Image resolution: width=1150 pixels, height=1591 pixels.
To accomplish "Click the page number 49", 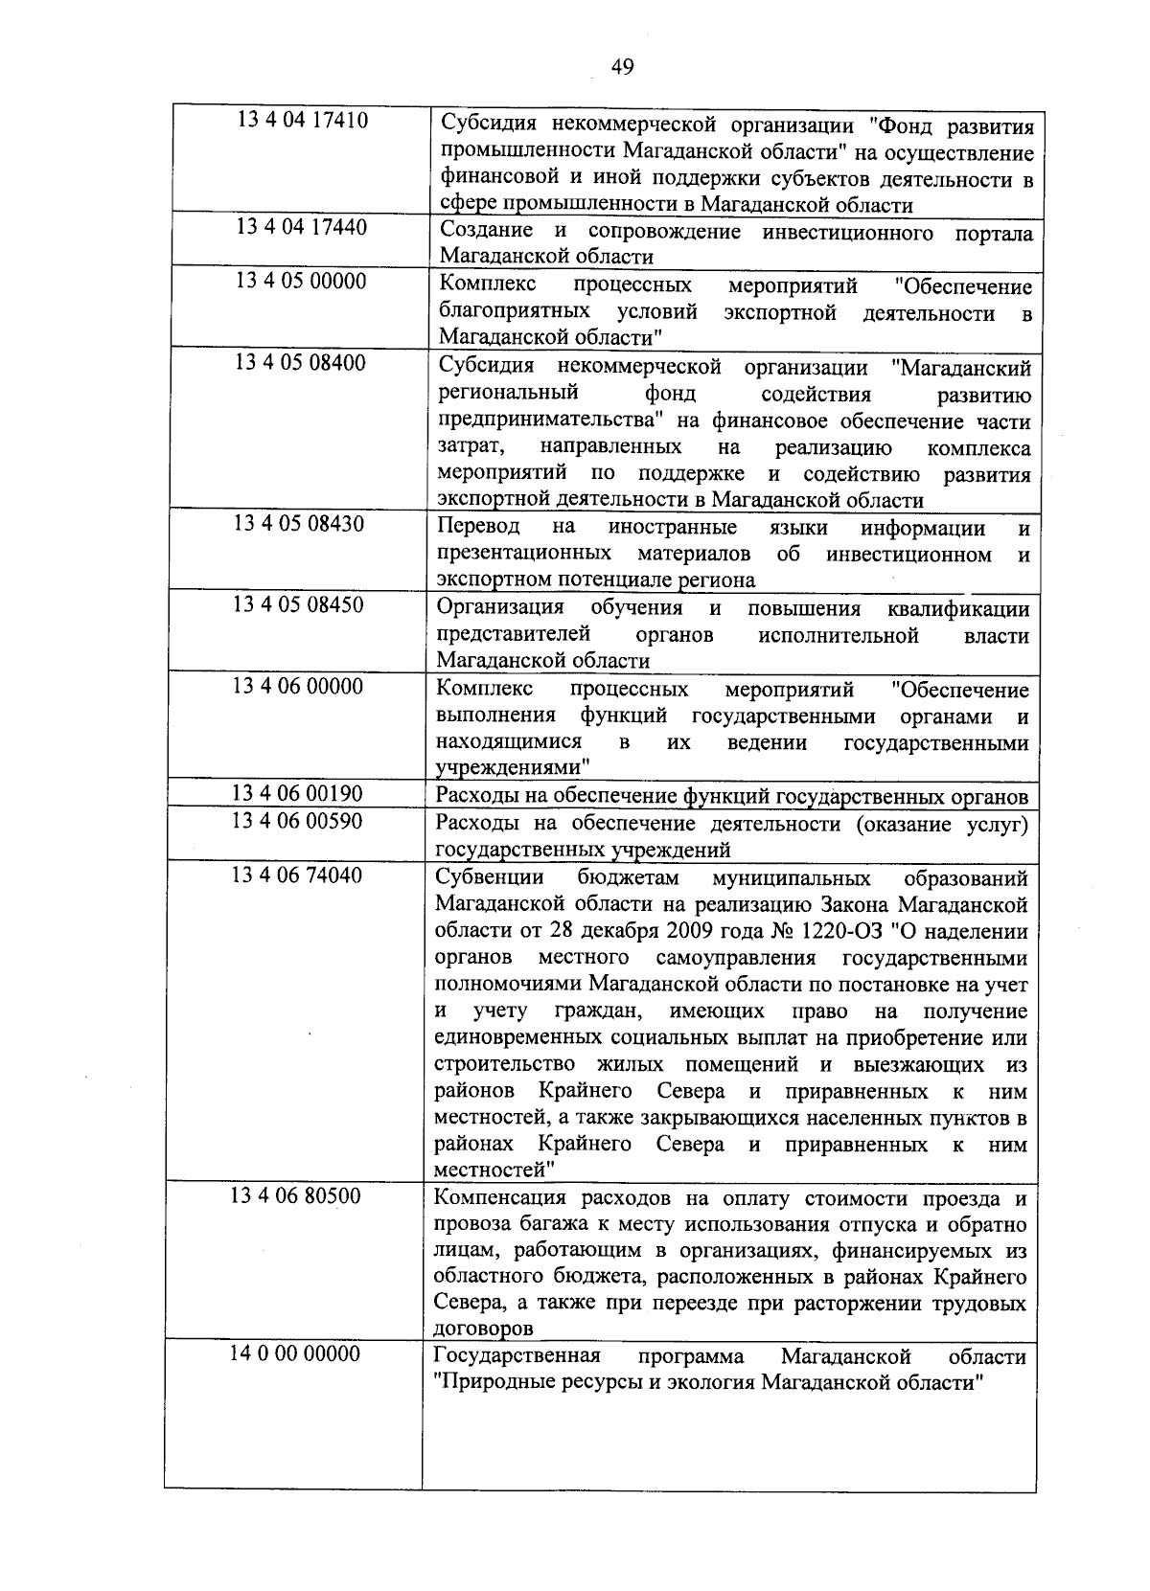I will [622, 66].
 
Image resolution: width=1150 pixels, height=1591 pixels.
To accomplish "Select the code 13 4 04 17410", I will [302, 121].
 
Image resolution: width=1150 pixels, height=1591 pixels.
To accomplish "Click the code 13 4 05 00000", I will [300, 282].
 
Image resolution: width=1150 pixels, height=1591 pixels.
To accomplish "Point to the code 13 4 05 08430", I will [299, 524].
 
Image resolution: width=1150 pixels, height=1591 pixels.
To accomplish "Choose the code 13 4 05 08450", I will [299, 605].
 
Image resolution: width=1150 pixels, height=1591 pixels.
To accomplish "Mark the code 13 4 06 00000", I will [298, 687].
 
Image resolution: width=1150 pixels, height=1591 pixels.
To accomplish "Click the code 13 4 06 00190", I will [298, 793].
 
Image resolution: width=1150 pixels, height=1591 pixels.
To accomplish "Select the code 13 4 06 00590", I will [298, 821].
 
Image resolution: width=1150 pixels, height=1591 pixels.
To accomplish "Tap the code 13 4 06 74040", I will [298, 875].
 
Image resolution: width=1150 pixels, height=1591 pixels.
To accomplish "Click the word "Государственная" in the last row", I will [517, 1357].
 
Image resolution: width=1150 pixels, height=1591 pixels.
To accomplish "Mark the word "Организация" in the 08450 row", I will [500, 609].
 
